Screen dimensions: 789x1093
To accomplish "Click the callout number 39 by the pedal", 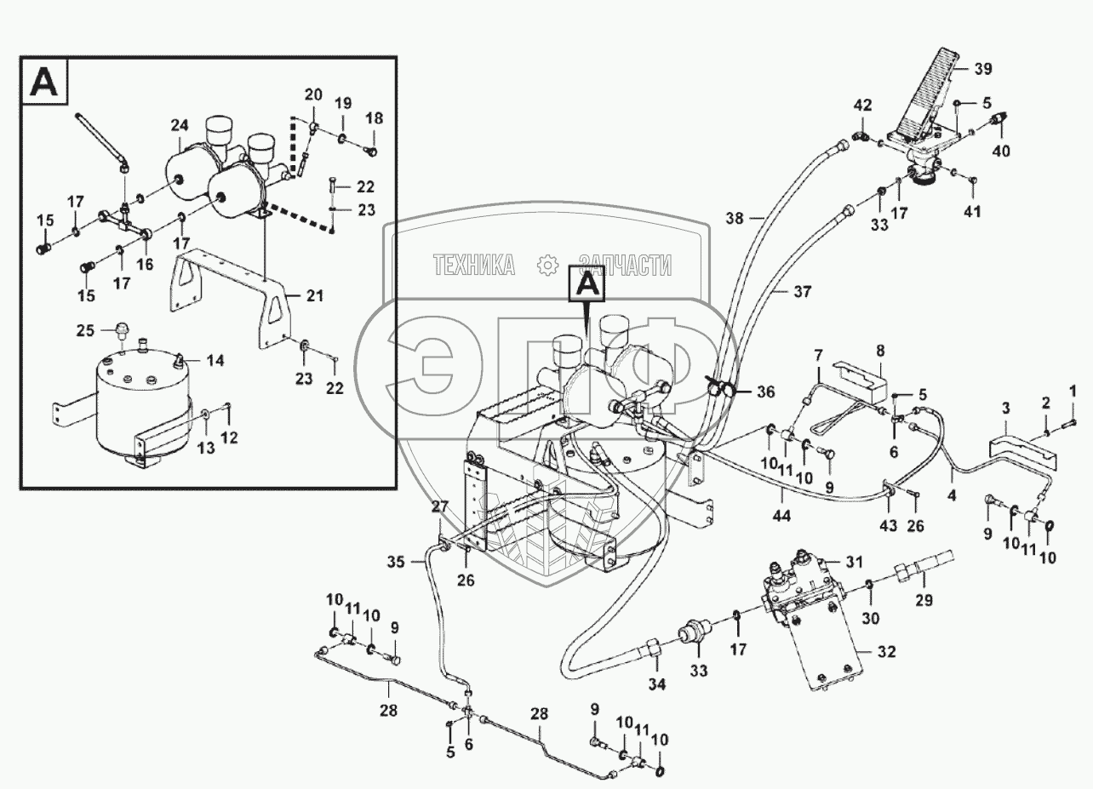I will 983,68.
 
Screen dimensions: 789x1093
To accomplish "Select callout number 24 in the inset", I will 179,126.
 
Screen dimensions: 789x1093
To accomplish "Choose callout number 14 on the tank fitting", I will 215,361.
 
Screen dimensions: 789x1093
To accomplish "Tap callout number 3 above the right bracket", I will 1004,409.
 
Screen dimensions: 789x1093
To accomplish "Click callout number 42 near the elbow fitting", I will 863,106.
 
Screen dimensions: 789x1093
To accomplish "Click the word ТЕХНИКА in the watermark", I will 474,266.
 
